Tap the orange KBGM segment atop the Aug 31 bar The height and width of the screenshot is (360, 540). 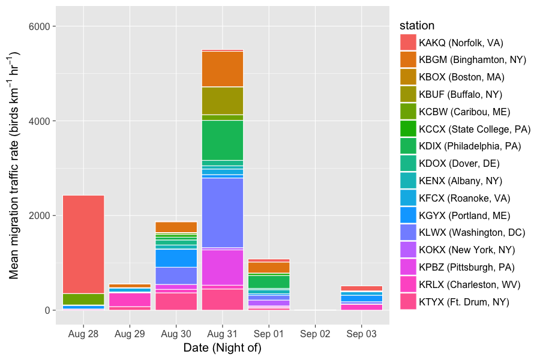pyautogui.click(x=223, y=69)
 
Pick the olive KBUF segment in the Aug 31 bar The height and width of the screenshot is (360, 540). pyautogui.click(x=223, y=100)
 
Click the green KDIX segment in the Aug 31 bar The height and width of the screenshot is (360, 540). pyautogui.click(x=223, y=140)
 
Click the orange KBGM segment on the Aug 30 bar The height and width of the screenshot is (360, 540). pyautogui.click(x=176, y=227)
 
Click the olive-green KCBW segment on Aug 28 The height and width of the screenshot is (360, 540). pyautogui.click(x=83, y=299)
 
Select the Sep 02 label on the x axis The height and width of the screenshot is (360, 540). pyautogui.click(x=315, y=334)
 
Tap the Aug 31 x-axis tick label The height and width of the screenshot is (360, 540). pyautogui.click(x=223, y=334)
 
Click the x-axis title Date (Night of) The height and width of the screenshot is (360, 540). pyautogui.click(x=223, y=347)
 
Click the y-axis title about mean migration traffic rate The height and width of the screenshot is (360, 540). pyautogui.click(x=15, y=165)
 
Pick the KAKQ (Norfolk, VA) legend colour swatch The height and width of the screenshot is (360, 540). pyautogui.click(x=408, y=43)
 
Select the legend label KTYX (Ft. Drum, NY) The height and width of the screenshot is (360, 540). pyautogui.click(x=464, y=302)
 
